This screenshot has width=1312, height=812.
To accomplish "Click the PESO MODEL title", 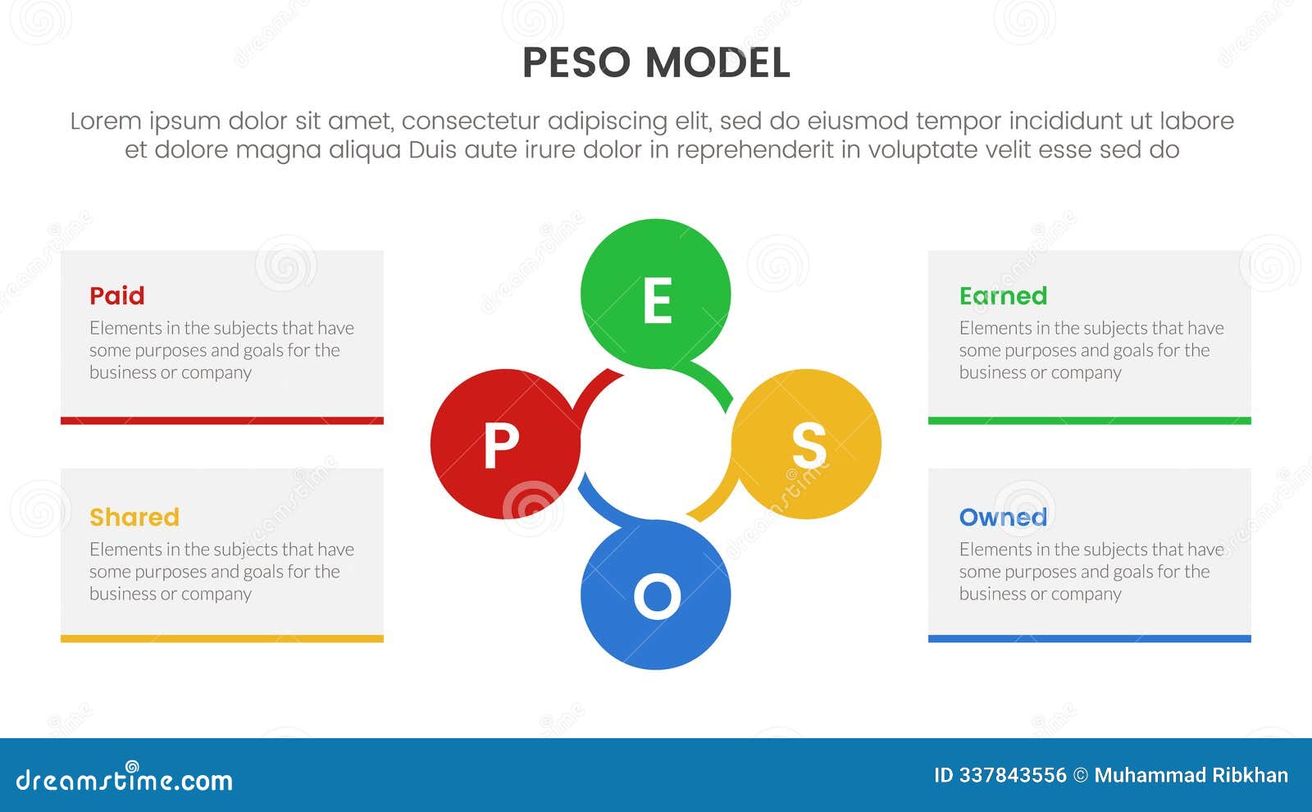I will coord(656,63).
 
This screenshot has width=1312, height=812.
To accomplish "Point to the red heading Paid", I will coord(117,295).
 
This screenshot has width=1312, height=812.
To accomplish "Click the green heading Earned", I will coord(1003,295).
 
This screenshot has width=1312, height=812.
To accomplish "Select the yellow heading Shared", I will coord(134,517).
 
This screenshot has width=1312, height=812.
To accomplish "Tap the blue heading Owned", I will coord(1003,517).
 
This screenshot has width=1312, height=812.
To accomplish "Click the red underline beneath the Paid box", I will coord(222,421).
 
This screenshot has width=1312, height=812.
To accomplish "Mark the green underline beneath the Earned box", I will coord(1089,421).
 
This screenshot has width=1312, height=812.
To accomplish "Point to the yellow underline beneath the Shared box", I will coord(222,639).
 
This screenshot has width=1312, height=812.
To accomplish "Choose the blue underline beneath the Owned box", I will coord(1089,639).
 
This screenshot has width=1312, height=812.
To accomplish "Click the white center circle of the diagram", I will coord(655,445).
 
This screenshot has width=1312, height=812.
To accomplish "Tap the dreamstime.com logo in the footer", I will coord(125,779).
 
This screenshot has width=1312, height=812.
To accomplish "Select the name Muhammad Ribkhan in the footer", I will coord(1191,775).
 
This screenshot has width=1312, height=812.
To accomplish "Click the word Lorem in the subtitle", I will coord(105,121).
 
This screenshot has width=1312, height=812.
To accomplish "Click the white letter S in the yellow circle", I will coord(809,445).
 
